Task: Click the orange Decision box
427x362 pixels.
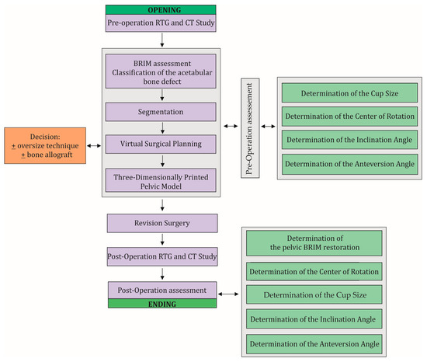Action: [44, 144]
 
